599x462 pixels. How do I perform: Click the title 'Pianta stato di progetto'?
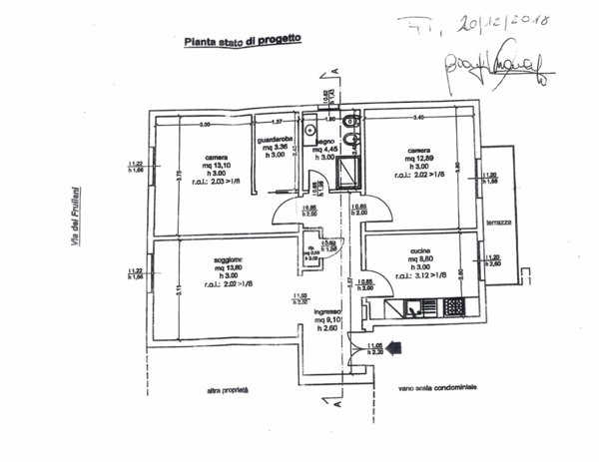tap(243, 42)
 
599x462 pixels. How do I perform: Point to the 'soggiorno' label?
tap(229, 260)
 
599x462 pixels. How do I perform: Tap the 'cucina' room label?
tap(420, 253)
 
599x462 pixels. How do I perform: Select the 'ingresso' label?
tap(328, 311)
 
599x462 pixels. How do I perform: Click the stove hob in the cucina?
tap(454, 307)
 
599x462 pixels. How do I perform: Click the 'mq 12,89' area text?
tap(419, 159)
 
